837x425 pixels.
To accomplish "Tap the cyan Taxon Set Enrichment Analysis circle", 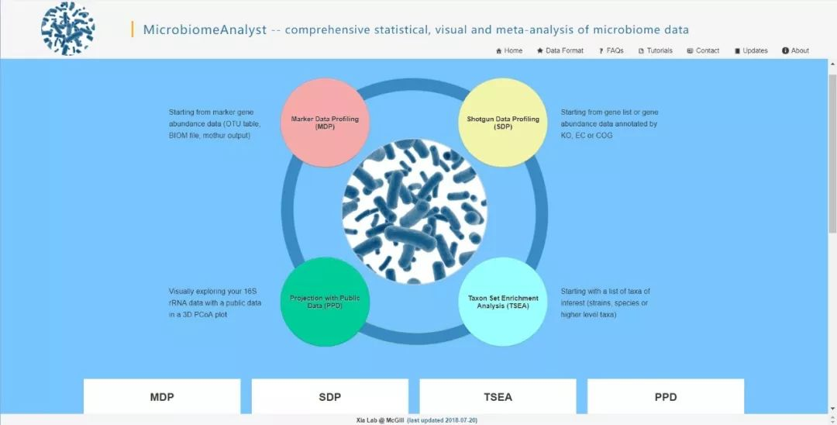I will [x=502, y=302].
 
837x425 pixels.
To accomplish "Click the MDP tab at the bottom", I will [x=162, y=396].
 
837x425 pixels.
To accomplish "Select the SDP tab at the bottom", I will [x=329, y=396].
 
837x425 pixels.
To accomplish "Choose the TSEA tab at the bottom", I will [x=498, y=396].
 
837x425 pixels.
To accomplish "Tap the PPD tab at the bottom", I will [x=665, y=396].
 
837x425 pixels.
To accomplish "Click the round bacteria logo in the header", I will [x=68, y=29].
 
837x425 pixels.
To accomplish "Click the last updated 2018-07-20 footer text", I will [x=443, y=420].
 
